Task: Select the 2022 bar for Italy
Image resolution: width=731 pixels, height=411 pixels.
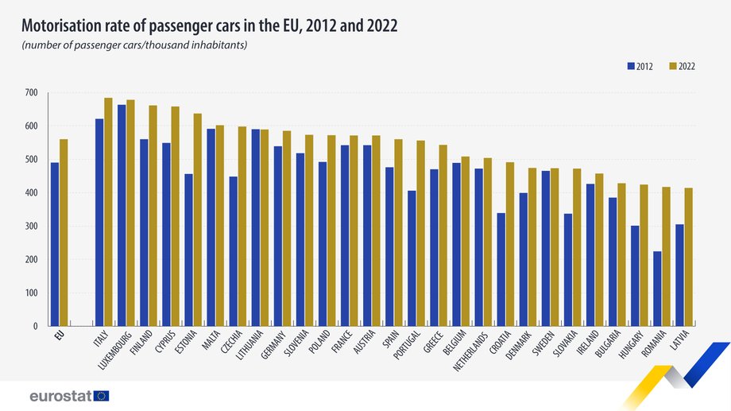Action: pos(108,211)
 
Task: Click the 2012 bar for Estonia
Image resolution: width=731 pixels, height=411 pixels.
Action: pos(188,250)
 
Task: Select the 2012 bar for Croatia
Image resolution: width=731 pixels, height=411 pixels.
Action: pos(501,269)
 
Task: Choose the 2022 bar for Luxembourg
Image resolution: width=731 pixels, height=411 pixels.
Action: pos(130,212)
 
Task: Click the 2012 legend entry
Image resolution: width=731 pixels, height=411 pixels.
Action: pos(639,67)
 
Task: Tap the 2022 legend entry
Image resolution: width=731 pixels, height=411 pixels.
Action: pos(681,67)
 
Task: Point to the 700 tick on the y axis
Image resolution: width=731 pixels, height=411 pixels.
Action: pos(31,93)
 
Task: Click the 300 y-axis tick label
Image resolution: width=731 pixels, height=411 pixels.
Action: pos(31,227)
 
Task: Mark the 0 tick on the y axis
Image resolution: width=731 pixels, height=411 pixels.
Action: pos(35,326)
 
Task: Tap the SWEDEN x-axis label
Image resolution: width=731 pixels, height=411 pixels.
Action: pos(540,346)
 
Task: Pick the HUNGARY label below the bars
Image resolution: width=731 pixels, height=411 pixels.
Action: pos(629,348)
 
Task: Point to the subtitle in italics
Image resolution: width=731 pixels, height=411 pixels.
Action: pos(134,45)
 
